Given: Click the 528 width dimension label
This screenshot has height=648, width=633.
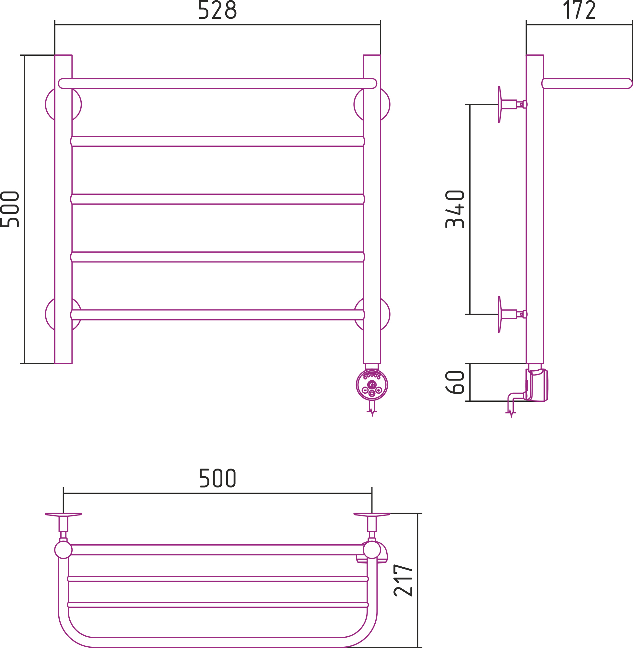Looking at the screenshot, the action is click(x=217, y=9).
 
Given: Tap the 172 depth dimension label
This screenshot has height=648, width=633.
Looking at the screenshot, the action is click(x=579, y=9).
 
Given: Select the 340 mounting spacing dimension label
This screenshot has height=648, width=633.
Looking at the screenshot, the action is click(x=455, y=209).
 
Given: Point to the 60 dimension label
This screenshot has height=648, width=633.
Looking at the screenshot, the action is click(x=455, y=382).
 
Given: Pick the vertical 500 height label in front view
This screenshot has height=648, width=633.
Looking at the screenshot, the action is click(x=9, y=209).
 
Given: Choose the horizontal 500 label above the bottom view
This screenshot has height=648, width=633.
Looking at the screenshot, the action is click(x=218, y=478).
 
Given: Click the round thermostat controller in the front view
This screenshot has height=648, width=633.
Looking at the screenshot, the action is click(x=372, y=385).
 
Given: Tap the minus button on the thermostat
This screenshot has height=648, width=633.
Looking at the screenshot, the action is click(x=365, y=390).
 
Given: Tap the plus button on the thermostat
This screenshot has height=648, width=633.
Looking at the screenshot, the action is click(x=379, y=390).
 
